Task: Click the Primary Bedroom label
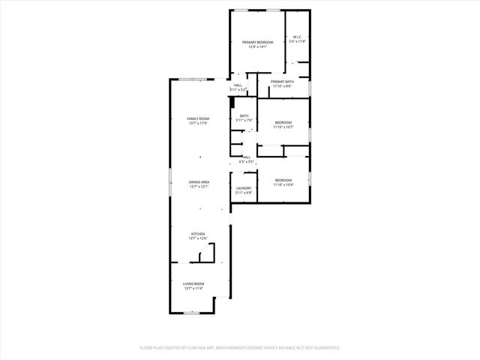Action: pyautogui.click(x=257, y=42)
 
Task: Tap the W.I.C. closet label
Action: pyautogui.click(x=297, y=37)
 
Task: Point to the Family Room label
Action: pyautogui.click(x=198, y=118)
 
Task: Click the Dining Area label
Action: pyautogui.click(x=199, y=181)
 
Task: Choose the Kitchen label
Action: pyautogui.click(x=198, y=234)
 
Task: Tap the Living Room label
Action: pyautogui.click(x=193, y=283)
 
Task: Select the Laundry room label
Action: pyautogui.click(x=244, y=188)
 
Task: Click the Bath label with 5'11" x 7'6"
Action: pyautogui.click(x=244, y=115)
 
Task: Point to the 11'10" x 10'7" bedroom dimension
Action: pyautogui.click(x=283, y=127)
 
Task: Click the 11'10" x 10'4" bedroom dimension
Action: pyautogui.click(x=283, y=184)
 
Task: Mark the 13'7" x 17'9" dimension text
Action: pyautogui.click(x=198, y=123)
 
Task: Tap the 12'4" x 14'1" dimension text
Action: pyautogui.click(x=257, y=46)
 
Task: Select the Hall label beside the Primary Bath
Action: pyautogui.click(x=238, y=86)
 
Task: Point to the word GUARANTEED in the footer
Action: pyautogui.click(x=326, y=348)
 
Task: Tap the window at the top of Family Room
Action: pyautogui.click(x=198, y=79)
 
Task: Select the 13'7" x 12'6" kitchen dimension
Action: pyautogui.click(x=198, y=238)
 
